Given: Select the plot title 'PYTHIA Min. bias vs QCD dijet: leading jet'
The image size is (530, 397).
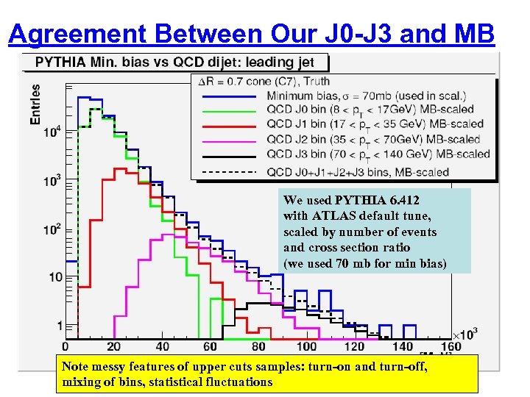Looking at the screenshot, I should (x=175, y=62).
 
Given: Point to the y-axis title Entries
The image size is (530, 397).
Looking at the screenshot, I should (x=35, y=103).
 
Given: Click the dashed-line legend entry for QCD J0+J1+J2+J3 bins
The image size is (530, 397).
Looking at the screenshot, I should (x=358, y=172).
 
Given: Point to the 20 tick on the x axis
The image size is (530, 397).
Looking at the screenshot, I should (x=113, y=346).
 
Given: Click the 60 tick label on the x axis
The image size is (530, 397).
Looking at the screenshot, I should (x=210, y=346).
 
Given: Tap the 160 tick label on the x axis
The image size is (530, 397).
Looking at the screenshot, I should (x=451, y=346).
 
